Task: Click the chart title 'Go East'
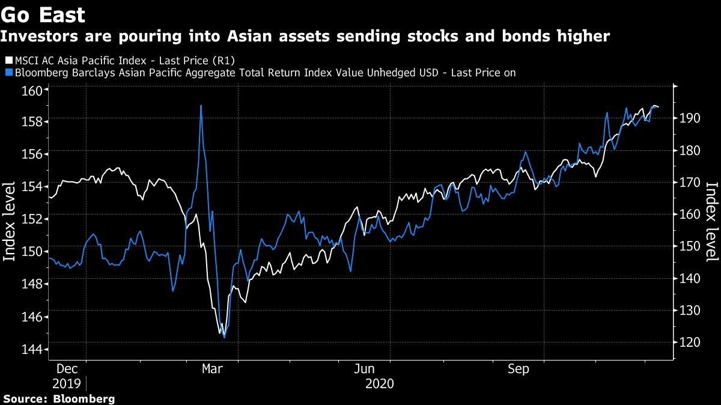click(43, 14)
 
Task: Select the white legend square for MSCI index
click(7, 61)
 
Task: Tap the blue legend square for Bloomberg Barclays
click(7, 73)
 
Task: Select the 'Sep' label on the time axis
click(518, 369)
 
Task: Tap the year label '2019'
click(68, 383)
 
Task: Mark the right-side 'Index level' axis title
click(711, 222)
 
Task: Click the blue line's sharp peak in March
click(200, 106)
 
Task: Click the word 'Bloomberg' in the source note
click(84, 398)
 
